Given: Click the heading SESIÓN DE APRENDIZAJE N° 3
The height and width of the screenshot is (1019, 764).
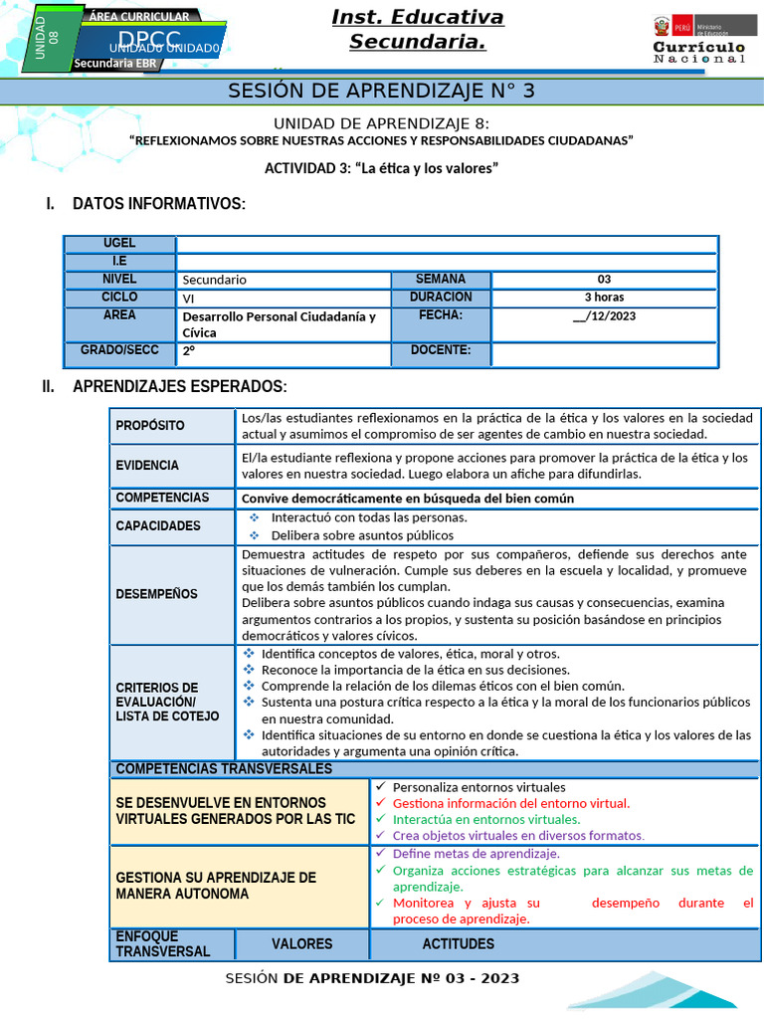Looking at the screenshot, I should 382,91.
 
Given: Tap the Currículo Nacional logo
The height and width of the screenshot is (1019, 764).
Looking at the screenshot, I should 698,41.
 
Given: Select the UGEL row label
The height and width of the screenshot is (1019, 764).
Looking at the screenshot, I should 119,244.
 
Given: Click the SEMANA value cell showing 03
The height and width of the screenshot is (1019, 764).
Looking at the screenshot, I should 604,280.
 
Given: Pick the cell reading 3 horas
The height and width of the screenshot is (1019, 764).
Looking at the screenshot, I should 604,298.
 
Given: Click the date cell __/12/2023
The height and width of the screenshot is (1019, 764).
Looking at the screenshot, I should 604,316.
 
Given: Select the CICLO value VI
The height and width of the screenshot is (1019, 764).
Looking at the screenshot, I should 189,298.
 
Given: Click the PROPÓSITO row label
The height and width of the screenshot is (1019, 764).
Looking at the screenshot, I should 150,426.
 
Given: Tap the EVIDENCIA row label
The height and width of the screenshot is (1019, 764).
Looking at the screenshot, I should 147,466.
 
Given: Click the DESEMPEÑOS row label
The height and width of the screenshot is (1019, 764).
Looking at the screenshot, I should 156,594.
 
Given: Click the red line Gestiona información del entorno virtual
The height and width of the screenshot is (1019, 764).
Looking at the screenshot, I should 511,803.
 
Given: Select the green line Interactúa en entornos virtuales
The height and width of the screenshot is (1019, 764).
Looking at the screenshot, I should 486,820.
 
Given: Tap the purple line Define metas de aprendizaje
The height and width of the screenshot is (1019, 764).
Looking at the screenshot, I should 476,854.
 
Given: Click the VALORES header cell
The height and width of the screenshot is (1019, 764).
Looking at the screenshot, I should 302,944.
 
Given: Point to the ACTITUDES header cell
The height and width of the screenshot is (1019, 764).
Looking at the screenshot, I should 458,944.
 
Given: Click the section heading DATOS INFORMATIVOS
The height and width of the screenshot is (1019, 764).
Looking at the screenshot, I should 158,204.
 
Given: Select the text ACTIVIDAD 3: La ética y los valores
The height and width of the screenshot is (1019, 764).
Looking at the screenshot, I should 380,168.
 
